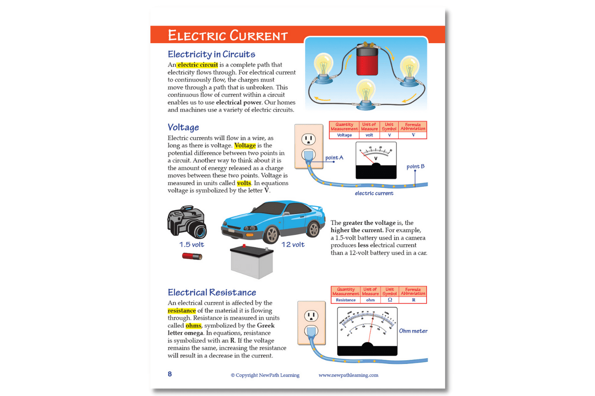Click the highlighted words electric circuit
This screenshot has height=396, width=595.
tap(197, 65)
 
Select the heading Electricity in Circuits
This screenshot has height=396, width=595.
tap(211, 54)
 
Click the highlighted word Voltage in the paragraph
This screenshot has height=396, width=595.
tap(245, 146)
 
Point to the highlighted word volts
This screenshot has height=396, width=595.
tap(244, 183)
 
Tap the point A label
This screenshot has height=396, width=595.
tap(334, 158)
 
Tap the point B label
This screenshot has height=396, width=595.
tap(415, 167)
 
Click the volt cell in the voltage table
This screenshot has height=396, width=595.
tap(369, 135)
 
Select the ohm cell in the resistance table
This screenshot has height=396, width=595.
tap(371, 300)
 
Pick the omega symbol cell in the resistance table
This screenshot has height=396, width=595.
tap(390, 300)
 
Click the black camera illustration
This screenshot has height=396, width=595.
tap(187, 222)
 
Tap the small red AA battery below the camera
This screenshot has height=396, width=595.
tap(192, 256)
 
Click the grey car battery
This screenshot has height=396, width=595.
tap(252, 262)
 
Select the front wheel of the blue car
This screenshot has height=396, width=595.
tap(272, 234)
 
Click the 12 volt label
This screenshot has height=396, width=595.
tap(293, 245)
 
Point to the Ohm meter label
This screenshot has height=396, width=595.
tap(413, 331)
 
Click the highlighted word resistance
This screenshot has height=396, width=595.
tap(182, 311)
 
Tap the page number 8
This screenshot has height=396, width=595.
tap(170, 374)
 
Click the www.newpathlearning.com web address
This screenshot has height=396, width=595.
tap(348, 375)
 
